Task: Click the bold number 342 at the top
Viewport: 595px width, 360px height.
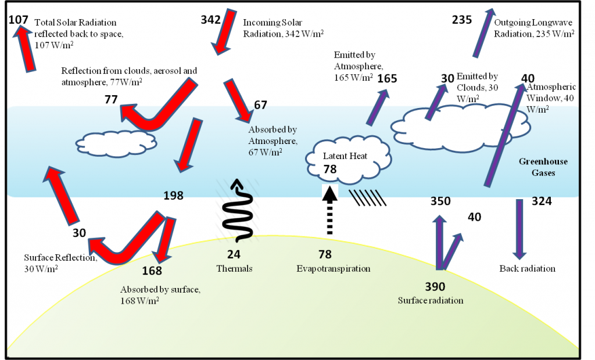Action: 210,20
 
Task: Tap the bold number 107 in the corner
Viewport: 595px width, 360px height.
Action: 19,20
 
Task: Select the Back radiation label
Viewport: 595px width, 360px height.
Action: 527,268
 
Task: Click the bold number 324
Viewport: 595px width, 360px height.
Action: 543,202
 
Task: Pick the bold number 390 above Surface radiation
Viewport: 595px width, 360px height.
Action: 435,286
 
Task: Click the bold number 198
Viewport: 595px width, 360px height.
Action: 173,196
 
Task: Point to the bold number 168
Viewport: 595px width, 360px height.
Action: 152,270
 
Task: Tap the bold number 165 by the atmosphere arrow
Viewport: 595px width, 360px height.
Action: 387,78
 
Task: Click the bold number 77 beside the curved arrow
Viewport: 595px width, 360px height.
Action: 111,99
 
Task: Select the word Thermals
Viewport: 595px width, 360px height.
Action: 234,268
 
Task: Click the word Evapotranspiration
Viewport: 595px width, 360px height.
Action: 333,268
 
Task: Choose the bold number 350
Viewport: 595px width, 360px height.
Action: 440,201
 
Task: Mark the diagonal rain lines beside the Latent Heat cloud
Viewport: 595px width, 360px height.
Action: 367,197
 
